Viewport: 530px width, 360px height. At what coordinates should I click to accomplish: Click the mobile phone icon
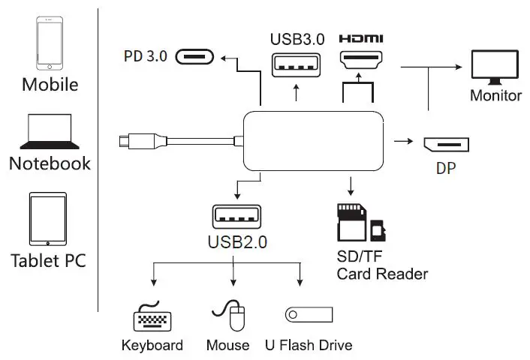(50, 42)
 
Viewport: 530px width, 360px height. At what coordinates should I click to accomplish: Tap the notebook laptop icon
(49, 132)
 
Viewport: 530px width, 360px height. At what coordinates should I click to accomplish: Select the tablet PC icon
(49, 219)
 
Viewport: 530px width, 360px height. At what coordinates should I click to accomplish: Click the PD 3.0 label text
(146, 56)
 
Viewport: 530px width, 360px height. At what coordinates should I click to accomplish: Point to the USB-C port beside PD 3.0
(195, 56)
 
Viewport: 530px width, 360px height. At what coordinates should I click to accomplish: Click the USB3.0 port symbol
(297, 65)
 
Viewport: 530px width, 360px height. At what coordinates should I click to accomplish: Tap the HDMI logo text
(361, 38)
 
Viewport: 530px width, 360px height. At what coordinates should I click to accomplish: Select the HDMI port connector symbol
(362, 61)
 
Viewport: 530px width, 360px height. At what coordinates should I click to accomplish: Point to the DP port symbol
(446, 145)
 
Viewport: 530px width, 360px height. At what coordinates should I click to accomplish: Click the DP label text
(446, 169)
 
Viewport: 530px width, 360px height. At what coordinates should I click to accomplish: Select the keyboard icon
(152, 318)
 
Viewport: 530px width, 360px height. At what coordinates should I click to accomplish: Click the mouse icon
(231, 316)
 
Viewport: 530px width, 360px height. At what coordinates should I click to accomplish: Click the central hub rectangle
(314, 140)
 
